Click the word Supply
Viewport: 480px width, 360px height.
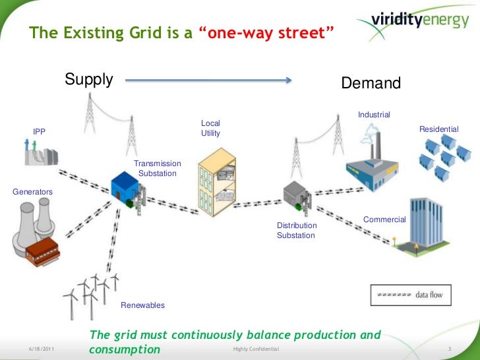click(x=89, y=80)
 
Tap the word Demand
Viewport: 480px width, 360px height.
click(x=371, y=84)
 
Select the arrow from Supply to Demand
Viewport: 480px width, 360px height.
click(x=208, y=81)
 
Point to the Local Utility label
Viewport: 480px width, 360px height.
click(x=210, y=129)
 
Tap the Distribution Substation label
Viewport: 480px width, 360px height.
click(x=297, y=230)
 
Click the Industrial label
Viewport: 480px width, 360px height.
click(x=374, y=115)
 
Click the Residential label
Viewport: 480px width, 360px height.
click(x=438, y=129)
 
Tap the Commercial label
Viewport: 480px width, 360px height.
click(x=384, y=219)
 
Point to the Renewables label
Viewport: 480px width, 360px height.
click(x=142, y=305)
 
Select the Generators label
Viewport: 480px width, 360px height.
click(x=32, y=191)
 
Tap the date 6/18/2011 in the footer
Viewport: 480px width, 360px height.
click(x=43, y=347)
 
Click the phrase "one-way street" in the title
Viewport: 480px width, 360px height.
click(x=266, y=32)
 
